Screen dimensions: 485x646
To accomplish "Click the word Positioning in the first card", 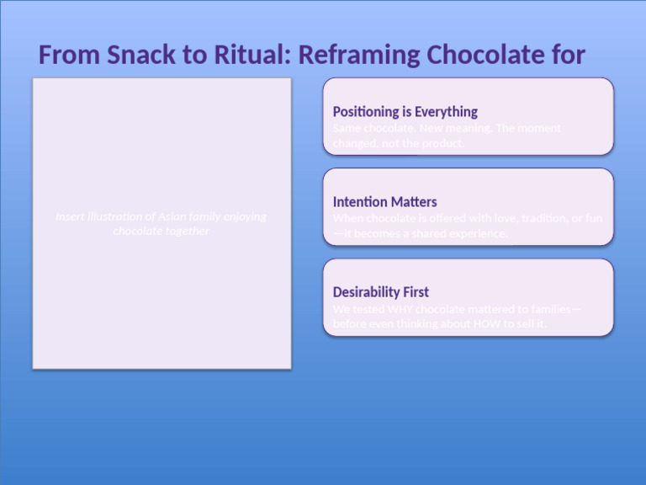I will pos(363,111).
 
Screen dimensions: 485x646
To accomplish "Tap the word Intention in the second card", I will pos(359,202).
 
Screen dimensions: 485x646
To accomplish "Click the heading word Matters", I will pos(414,202).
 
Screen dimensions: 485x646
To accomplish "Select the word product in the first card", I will pos(442,143).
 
